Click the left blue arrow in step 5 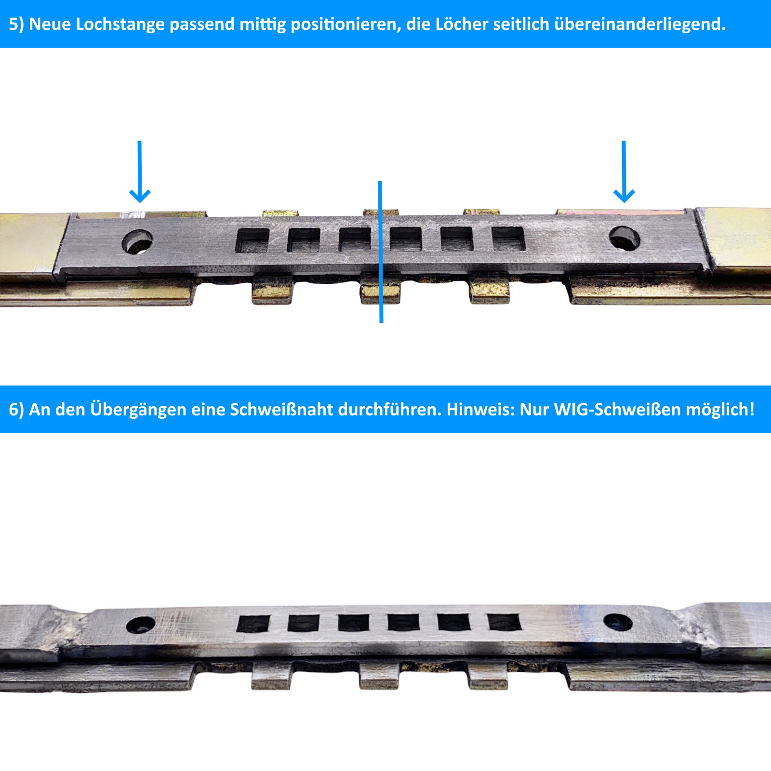(x=140, y=172)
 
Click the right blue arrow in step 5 (x=624, y=172)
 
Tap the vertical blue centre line (x=381, y=252)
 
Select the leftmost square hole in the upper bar (x=253, y=240)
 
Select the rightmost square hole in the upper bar (x=508, y=239)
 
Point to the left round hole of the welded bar (x=141, y=625)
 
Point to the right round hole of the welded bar (x=618, y=622)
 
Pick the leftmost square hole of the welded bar (x=253, y=624)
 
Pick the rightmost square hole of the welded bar (x=505, y=622)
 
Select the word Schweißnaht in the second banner (x=281, y=409)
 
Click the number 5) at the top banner (x=16, y=24)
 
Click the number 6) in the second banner (x=16, y=410)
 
